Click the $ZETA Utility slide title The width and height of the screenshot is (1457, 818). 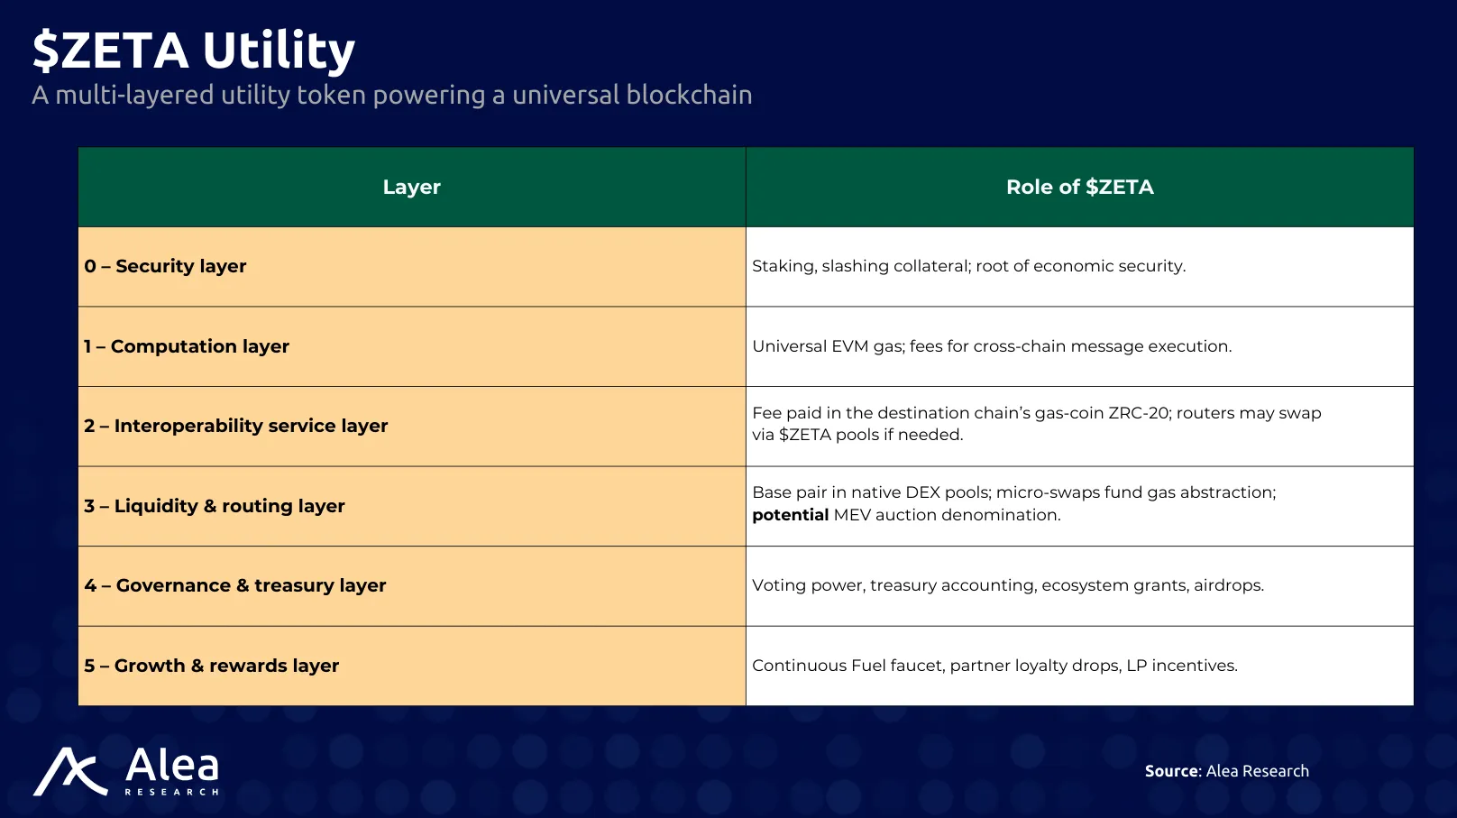(x=194, y=51)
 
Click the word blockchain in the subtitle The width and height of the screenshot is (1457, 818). (x=689, y=95)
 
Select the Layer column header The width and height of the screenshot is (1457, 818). (x=412, y=187)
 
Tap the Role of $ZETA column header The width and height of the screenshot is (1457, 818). (x=1080, y=187)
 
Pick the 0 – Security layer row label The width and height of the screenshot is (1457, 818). (x=165, y=266)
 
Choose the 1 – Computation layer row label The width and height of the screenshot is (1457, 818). (x=187, y=346)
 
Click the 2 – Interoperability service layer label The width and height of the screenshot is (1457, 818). (x=236, y=426)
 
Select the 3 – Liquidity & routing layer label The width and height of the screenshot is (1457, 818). (x=215, y=506)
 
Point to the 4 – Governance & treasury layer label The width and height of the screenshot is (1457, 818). (x=235, y=585)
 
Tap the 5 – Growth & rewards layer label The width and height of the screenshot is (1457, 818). (x=211, y=666)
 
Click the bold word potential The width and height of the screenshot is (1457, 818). (x=791, y=515)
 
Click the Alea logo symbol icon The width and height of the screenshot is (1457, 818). (x=70, y=772)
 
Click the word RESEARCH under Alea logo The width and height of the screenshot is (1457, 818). (x=171, y=792)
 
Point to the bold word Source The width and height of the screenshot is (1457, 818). (x=1172, y=771)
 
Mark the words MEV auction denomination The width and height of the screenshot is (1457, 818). (x=947, y=515)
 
